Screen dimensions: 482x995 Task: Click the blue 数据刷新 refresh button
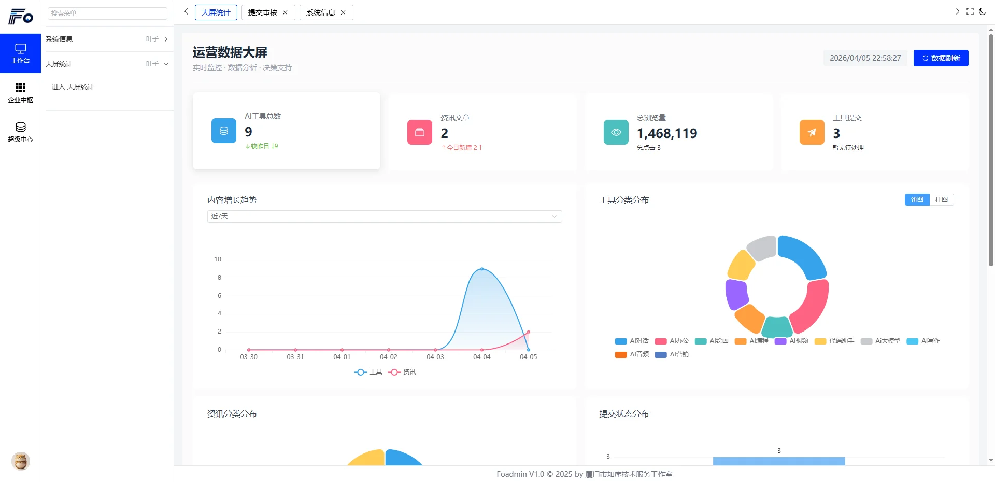click(x=941, y=58)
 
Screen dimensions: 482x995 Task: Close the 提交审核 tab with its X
click(x=285, y=12)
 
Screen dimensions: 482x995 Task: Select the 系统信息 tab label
click(x=320, y=12)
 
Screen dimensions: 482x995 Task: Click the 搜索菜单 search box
click(x=107, y=13)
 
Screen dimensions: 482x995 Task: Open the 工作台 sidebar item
click(x=20, y=53)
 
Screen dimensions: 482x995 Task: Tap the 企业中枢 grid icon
click(x=20, y=88)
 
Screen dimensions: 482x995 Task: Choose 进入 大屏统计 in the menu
click(x=73, y=87)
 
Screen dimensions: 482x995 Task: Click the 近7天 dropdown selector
click(x=384, y=216)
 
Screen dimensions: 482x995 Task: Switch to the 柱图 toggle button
click(x=941, y=200)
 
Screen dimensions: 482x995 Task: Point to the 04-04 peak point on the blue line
click(x=482, y=269)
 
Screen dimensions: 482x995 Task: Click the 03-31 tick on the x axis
click(x=295, y=357)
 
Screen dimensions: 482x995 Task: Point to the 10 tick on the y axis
click(x=218, y=259)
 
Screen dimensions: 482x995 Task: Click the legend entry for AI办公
click(x=672, y=341)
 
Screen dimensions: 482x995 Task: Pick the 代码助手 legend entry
click(x=835, y=341)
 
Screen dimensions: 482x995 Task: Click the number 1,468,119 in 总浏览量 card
click(x=666, y=133)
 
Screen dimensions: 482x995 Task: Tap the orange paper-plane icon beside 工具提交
click(x=812, y=132)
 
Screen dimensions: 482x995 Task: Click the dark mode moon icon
click(x=983, y=11)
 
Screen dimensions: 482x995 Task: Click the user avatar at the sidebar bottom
click(x=21, y=461)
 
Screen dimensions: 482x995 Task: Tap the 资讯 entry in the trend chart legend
click(x=402, y=372)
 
